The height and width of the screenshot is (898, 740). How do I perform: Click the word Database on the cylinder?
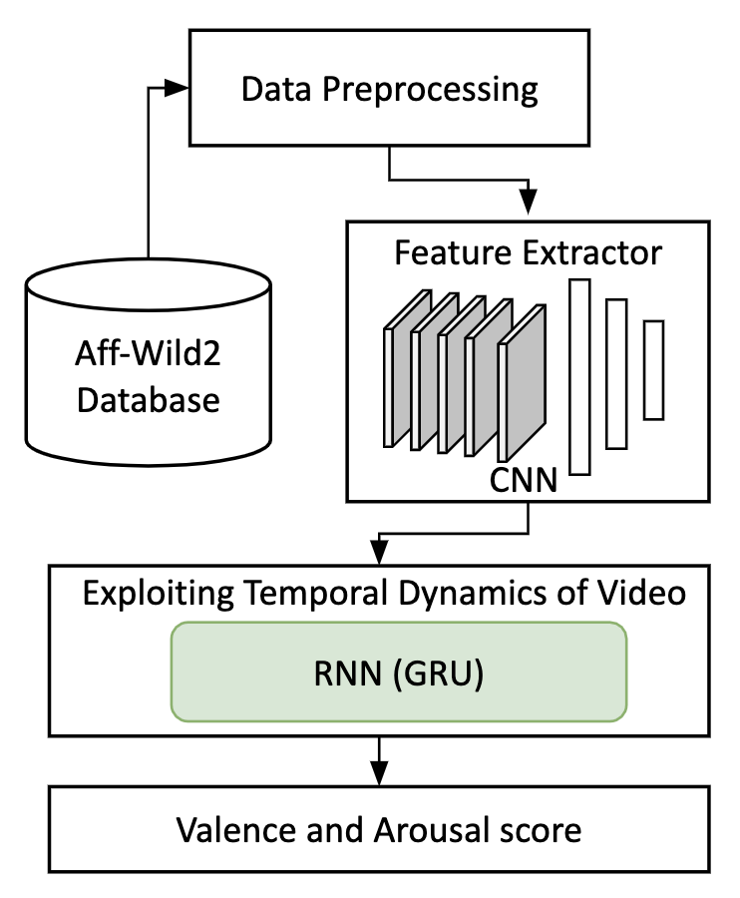point(148,400)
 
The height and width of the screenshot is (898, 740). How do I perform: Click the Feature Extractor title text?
point(528,252)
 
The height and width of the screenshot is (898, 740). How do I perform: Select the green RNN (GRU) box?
point(398,672)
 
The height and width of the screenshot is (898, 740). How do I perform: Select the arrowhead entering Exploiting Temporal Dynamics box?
point(379,552)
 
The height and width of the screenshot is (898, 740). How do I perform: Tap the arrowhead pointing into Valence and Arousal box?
point(379,774)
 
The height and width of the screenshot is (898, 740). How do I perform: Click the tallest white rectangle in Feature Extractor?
point(579,376)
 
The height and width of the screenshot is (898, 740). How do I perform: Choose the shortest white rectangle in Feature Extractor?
point(653,369)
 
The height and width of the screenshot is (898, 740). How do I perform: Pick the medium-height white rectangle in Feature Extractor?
point(616,373)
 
